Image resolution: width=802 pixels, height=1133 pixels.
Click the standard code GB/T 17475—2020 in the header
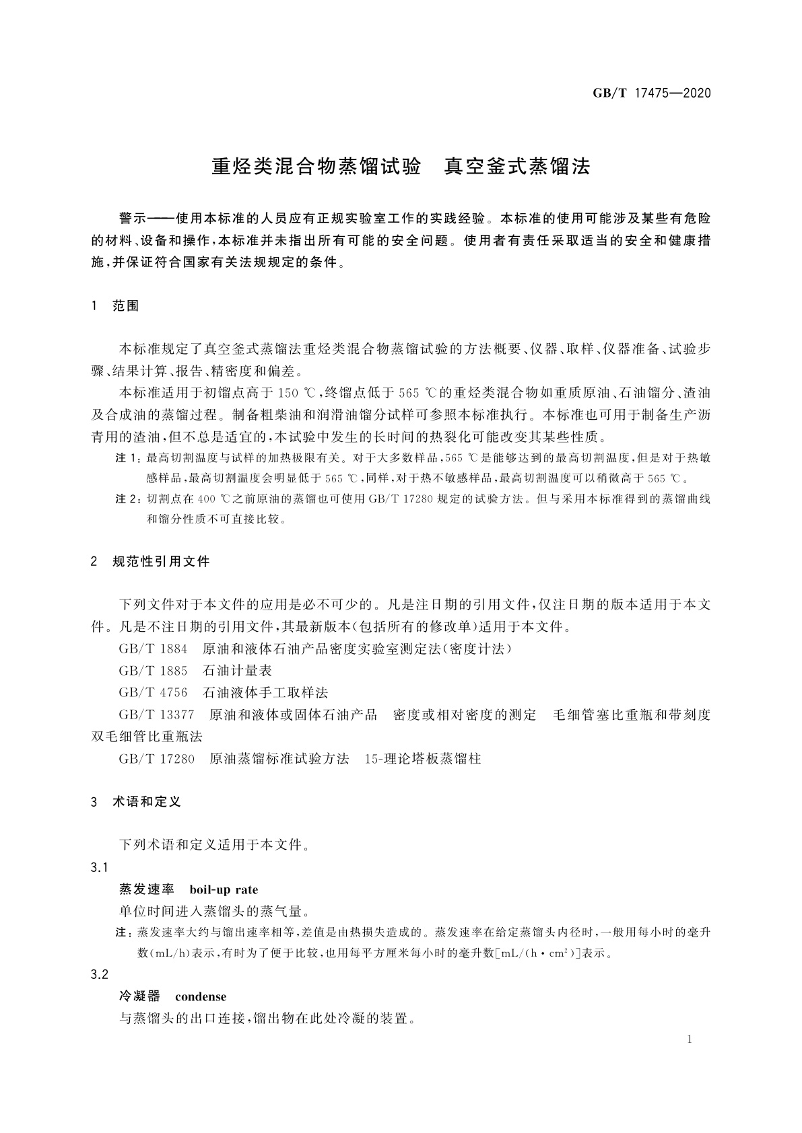[651, 93]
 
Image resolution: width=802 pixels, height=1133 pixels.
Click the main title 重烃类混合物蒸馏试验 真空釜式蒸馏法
[401, 167]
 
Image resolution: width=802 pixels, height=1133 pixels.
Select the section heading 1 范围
[115, 306]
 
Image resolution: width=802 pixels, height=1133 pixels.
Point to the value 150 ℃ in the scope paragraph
[297, 393]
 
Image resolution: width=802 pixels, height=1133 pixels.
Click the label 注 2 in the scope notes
[128, 499]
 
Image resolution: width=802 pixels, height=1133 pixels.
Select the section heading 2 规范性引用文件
[150, 561]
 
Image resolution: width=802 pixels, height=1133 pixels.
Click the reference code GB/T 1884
[154, 649]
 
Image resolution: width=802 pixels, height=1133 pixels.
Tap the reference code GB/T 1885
[154, 671]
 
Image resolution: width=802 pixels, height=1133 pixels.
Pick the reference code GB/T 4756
[154, 693]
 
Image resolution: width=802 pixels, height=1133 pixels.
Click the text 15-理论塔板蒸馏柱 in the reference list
[422, 759]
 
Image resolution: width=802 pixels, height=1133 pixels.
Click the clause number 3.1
[100, 867]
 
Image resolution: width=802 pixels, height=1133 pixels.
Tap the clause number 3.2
[100, 975]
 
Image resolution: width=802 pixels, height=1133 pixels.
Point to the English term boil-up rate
[224, 889]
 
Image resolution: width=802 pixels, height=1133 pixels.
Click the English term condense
[201, 996]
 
